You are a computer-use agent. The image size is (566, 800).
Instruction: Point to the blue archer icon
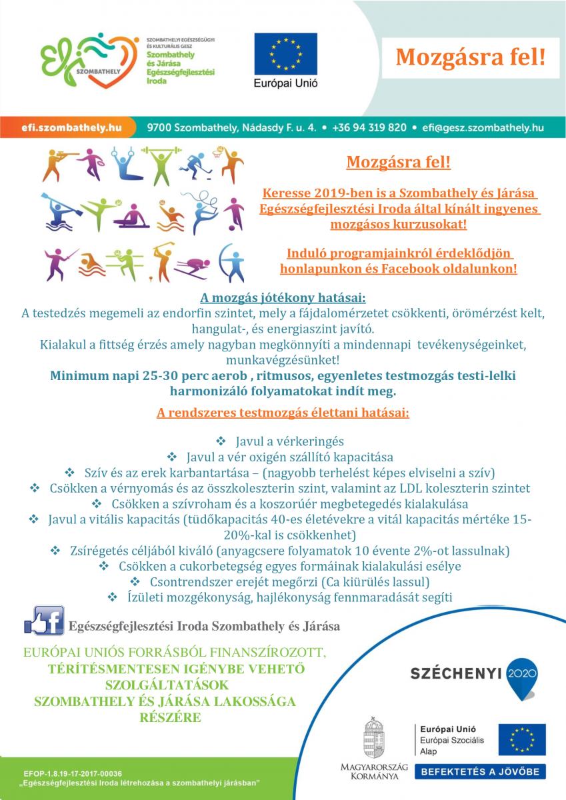[233, 263]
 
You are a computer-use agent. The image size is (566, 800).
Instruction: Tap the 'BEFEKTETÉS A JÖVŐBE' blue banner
[480, 772]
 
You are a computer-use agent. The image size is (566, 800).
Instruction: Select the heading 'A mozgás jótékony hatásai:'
[283, 297]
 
